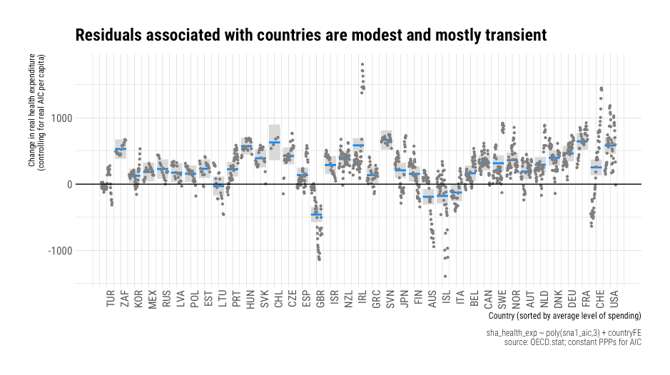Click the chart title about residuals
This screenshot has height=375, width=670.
click(310, 35)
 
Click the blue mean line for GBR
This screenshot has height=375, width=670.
click(317, 215)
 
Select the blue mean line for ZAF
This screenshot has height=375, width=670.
click(121, 149)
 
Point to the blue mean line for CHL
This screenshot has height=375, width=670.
click(275, 143)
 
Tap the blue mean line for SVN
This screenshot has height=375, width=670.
click(387, 140)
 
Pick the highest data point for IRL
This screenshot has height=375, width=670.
click(362, 64)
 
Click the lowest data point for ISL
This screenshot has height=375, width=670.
click(445, 276)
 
